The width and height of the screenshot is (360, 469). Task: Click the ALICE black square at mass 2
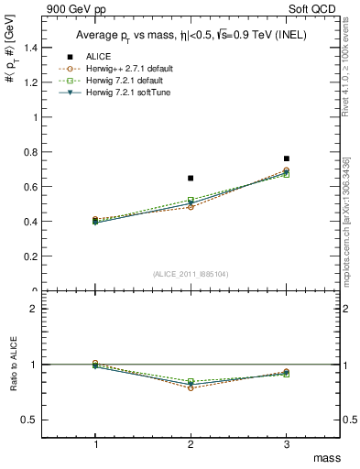pyautogui.click(x=191, y=178)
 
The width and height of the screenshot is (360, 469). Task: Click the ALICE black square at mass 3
pyautogui.click(x=287, y=158)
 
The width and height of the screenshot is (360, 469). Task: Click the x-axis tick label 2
pyautogui.click(x=191, y=444)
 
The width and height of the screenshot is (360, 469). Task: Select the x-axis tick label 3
pyautogui.click(x=287, y=444)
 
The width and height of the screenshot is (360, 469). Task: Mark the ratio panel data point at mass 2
pyautogui.click(x=191, y=385)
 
